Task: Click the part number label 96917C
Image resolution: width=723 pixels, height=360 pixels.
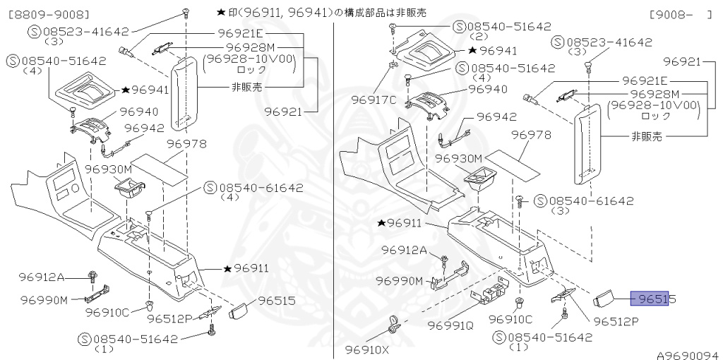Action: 374,100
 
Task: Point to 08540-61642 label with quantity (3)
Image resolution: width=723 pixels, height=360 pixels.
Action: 583,200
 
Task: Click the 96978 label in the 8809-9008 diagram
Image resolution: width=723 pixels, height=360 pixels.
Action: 186,143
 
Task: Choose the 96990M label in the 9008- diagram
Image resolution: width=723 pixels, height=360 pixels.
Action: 399,281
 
